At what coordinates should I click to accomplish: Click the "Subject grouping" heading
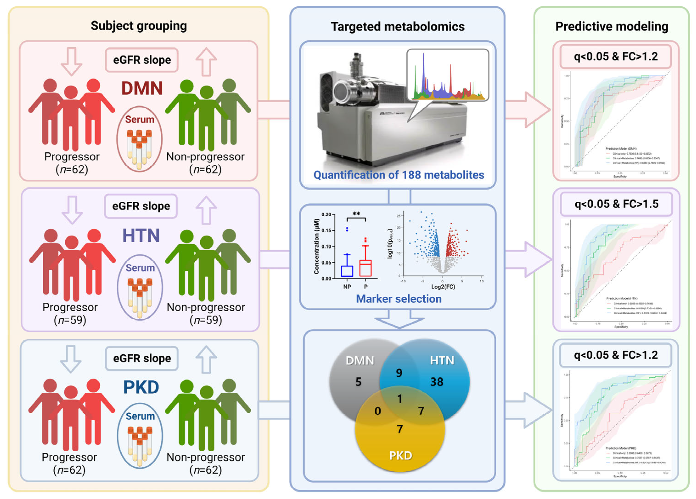pos(139,26)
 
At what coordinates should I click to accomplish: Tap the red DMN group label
pos(142,88)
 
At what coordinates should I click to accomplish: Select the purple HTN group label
pos(141,236)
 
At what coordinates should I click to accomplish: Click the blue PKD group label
pos(141,387)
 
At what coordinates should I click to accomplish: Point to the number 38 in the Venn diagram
pos(437,382)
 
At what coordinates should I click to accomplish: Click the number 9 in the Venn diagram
pos(399,373)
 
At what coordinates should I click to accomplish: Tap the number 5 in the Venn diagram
pos(358,382)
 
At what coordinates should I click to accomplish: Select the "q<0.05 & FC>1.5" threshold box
pos(617,204)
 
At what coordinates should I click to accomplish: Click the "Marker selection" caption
pos(399,299)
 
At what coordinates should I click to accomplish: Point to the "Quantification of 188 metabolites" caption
pos(399,175)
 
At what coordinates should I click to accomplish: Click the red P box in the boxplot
pos(366,268)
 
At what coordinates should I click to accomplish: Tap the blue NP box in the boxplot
pos(347,271)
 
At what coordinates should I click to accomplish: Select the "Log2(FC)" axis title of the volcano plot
pos(443,287)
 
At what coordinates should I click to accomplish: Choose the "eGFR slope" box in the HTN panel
pos(141,206)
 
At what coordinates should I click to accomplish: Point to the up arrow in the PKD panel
pos(206,359)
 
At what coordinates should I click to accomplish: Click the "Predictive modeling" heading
pos(612,26)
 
